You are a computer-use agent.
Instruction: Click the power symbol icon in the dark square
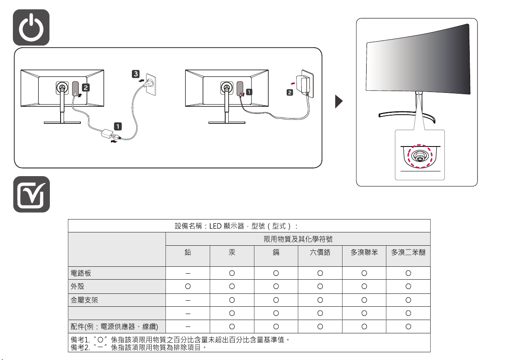[x=31, y=27]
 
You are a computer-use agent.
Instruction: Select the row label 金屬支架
[x=85, y=299]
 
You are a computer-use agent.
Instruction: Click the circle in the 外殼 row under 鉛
[x=188, y=286]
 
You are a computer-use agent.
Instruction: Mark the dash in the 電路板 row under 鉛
[x=188, y=273]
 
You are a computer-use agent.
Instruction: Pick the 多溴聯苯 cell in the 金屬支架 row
[x=364, y=299]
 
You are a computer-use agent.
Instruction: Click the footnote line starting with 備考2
[x=138, y=347]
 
